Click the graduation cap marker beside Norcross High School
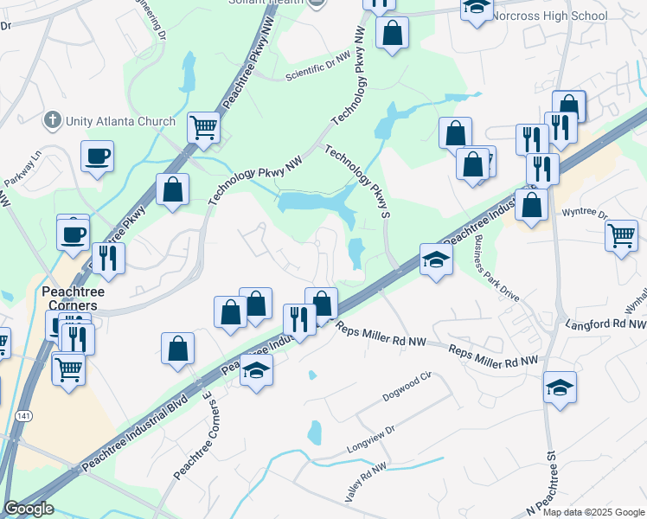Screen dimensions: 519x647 point(475,8)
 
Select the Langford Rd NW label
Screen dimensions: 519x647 point(605,324)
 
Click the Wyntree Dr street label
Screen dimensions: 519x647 point(585,212)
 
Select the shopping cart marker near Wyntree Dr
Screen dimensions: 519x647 point(622,234)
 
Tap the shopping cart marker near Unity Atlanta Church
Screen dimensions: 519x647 point(203,128)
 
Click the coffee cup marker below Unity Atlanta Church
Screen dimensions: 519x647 point(97,157)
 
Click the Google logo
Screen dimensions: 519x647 point(29,509)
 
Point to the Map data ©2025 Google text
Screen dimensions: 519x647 point(593,511)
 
